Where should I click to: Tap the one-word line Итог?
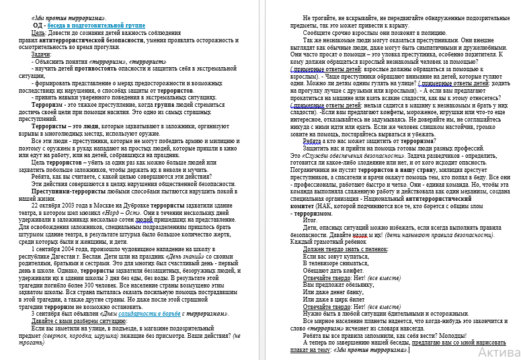(x=310, y=220)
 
